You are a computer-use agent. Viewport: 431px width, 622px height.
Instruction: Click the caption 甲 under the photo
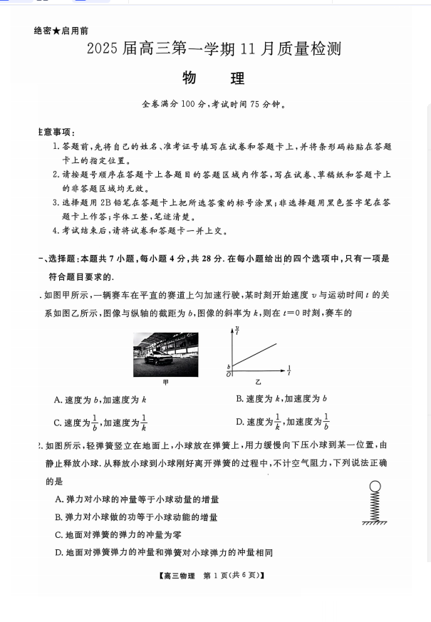click(166, 383)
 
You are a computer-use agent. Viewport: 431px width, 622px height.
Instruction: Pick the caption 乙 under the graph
click(259, 383)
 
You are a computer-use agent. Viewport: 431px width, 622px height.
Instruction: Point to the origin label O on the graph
click(228, 373)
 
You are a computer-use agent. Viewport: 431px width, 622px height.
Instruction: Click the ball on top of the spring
click(375, 487)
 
